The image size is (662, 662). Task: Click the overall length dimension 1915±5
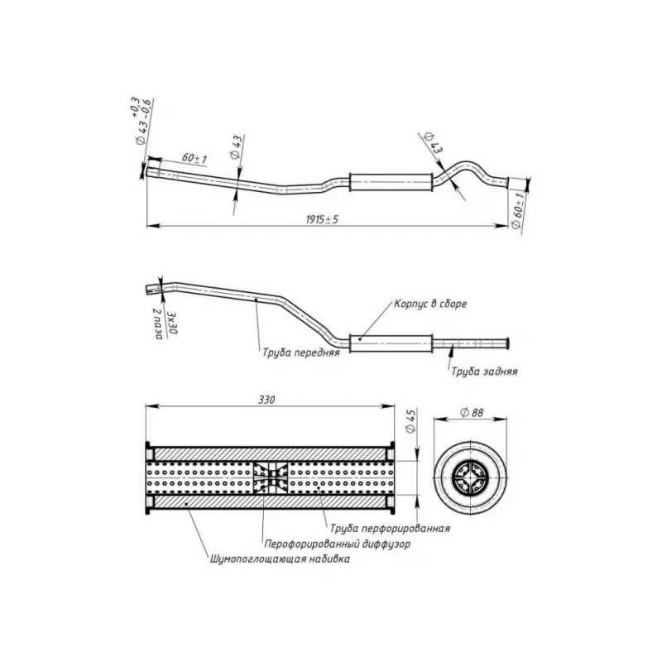coord(322,219)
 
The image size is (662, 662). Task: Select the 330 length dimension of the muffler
coord(266,400)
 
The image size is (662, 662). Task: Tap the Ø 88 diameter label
coord(472,412)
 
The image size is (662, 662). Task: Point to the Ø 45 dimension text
coord(410,420)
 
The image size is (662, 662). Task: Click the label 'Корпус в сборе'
coord(430,304)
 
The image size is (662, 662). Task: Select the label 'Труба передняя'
coord(301,353)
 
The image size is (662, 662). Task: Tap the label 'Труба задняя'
coord(484,371)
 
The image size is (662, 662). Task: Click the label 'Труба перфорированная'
coord(390,528)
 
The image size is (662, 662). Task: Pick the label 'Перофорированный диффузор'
coord(337,544)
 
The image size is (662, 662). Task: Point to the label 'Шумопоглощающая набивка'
coord(280,559)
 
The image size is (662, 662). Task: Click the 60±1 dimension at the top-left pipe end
coord(194,158)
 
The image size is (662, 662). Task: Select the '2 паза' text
coord(158,324)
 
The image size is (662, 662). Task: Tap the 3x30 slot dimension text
coord(173,323)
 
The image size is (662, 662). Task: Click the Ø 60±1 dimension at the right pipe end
coord(518,210)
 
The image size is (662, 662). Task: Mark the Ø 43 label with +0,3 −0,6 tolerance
coord(141,121)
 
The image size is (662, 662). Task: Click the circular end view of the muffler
coord(470,478)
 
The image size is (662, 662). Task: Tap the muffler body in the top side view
coord(391,182)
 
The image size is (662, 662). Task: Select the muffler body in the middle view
coord(391,343)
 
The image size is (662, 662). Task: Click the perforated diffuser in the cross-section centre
coord(271,477)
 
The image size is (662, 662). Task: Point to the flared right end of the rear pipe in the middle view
coord(506,343)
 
